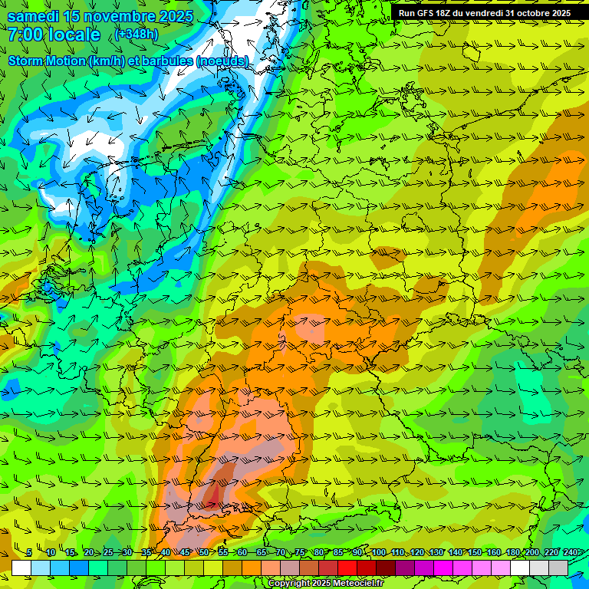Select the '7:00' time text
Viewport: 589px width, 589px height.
[25, 35]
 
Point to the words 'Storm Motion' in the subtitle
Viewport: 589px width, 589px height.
[46, 61]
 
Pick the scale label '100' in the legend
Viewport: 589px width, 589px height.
[378, 553]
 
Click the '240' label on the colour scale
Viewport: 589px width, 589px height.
[569, 553]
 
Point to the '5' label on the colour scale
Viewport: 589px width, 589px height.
[29, 553]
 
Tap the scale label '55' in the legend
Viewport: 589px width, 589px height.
[222, 553]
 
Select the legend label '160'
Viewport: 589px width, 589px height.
[492, 553]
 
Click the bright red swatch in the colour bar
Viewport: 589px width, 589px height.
[347, 568]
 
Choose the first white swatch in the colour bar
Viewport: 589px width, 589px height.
[21, 568]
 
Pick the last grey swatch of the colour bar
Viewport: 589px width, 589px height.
[558, 568]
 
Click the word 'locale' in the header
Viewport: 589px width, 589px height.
[74, 35]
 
